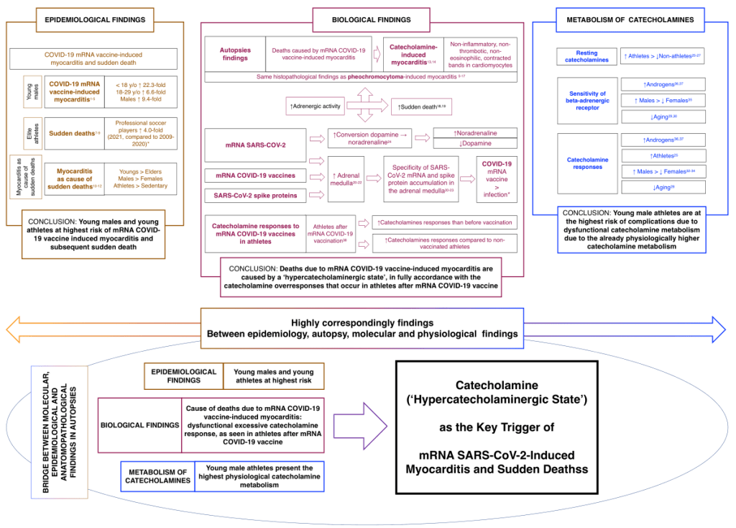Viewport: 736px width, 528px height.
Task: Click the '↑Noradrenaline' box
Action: (x=476, y=132)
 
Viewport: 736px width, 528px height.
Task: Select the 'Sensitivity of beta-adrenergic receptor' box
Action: (x=586, y=100)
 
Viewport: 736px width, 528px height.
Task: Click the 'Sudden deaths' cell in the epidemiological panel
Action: (x=74, y=133)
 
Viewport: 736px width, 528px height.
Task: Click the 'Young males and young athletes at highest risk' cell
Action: (x=273, y=376)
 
